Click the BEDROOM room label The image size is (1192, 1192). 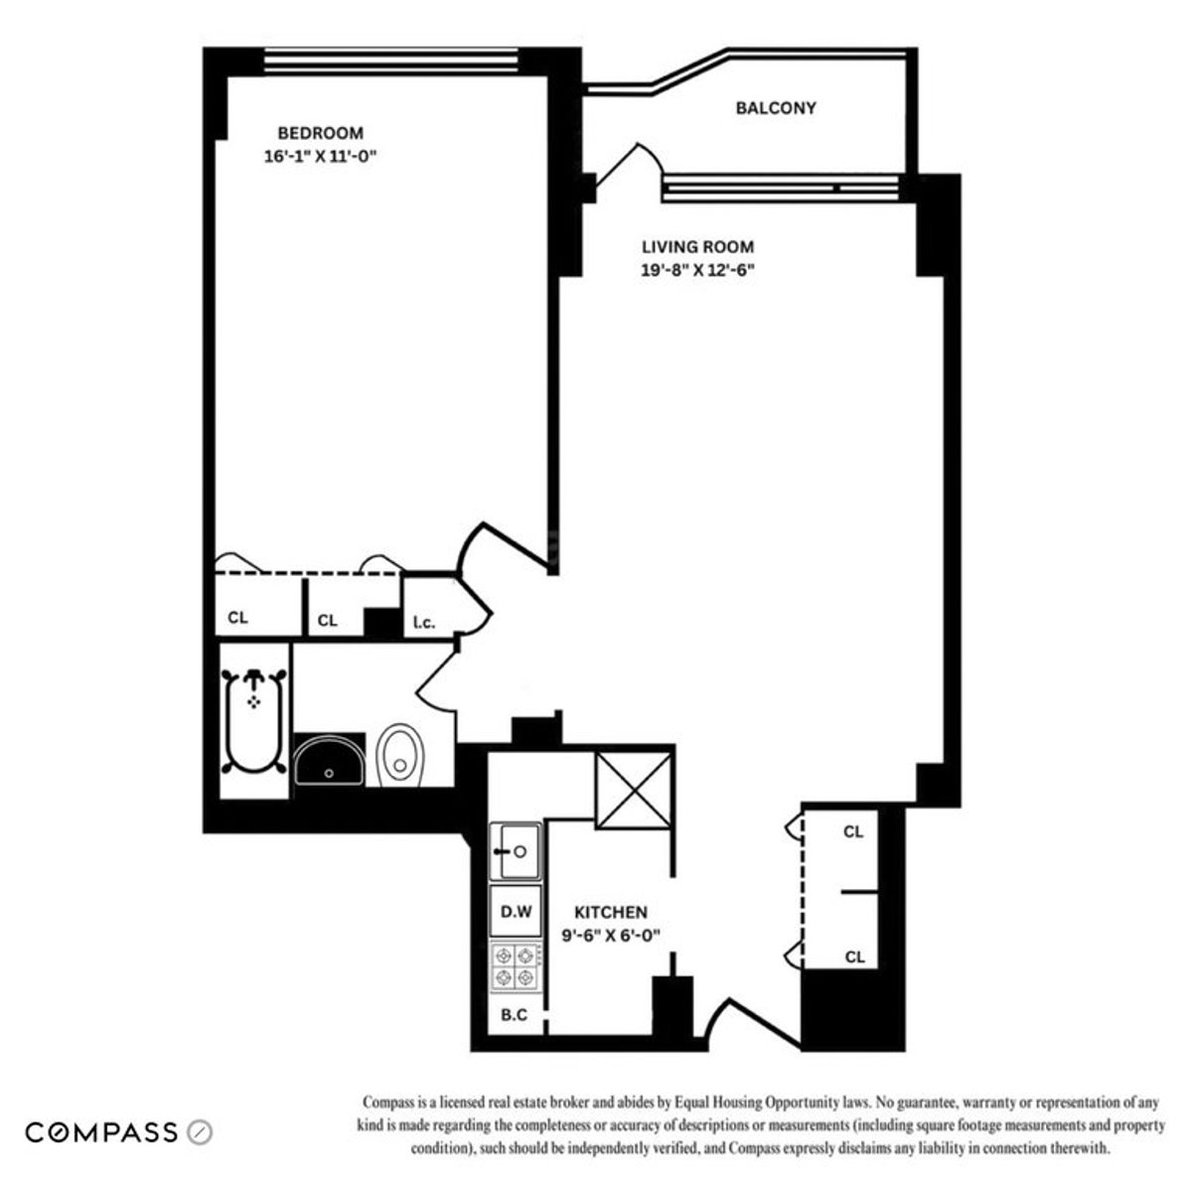(x=320, y=133)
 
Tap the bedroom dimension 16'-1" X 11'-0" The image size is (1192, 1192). (x=320, y=156)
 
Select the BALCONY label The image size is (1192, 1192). (x=776, y=108)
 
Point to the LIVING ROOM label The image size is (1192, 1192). (x=697, y=247)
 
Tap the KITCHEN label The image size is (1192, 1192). (x=611, y=912)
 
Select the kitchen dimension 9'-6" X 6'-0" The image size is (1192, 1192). (x=611, y=935)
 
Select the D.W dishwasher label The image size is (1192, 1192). (x=514, y=912)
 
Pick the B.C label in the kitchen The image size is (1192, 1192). (x=514, y=1015)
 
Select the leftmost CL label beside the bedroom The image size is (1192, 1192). (x=237, y=618)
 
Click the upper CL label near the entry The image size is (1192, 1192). (x=853, y=832)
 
